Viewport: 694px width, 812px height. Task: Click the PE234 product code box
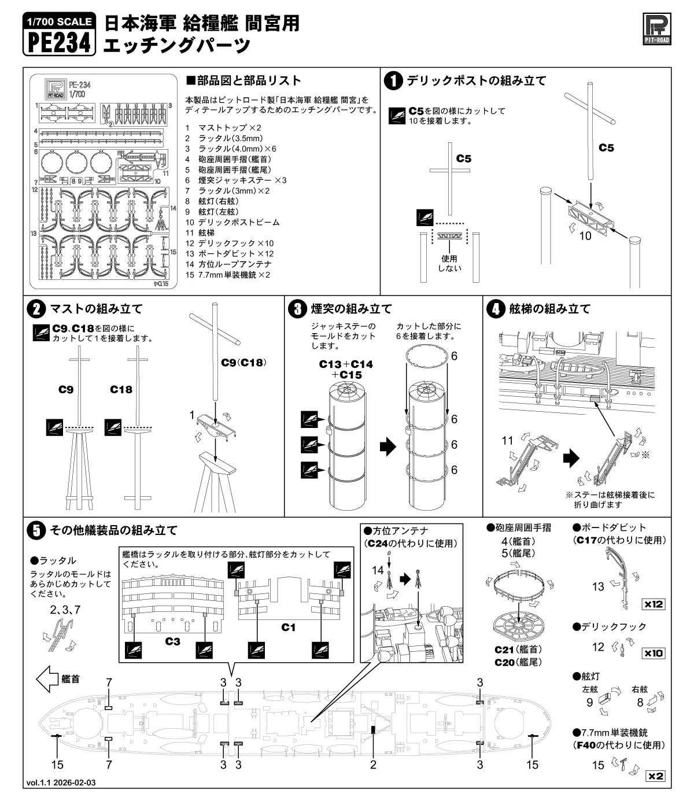tap(60, 34)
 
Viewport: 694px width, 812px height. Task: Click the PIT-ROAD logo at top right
tap(656, 29)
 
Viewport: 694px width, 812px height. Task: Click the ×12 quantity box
tap(653, 604)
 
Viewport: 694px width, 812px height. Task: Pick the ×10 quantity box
tap(653, 653)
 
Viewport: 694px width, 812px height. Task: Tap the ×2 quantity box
tap(655, 776)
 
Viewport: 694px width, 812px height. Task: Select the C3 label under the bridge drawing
tap(172, 641)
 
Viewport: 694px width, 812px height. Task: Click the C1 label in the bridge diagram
tap(288, 628)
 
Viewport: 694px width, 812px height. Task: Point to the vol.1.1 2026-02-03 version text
tap(61, 793)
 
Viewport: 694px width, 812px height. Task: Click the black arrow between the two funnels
tap(388, 446)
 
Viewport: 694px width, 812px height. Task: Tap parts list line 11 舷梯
tap(200, 233)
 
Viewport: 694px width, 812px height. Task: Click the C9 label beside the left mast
tap(65, 389)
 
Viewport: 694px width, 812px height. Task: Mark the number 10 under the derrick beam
tap(585, 236)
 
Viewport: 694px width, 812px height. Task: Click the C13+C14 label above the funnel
tap(346, 364)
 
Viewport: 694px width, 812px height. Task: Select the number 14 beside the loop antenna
tap(378, 570)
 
